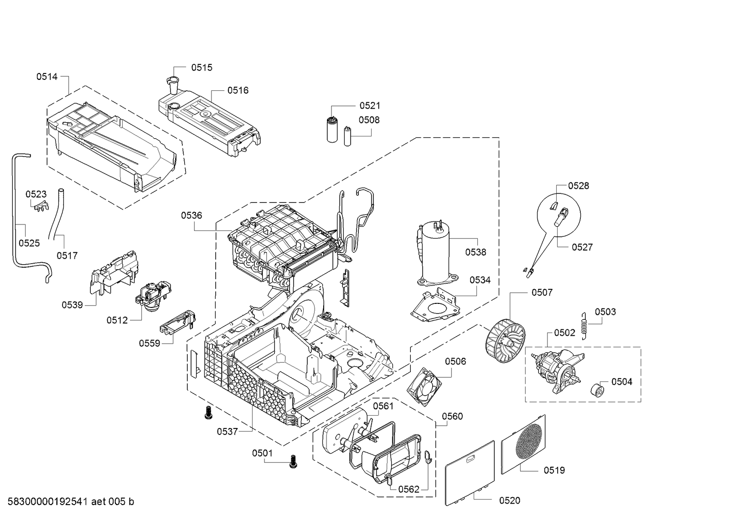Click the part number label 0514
pyautogui.click(x=47, y=77)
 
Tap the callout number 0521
pyautogui.click(x=370, y=105)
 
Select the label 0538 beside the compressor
pyautogui.click(x=476, y=252)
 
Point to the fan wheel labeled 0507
pyautogui.click(x=505, y=341)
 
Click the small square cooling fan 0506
pyautogui.click(x=424, y=387)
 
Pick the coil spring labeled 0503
pyautogui.click(x=584, y=326)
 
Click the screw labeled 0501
pyautogui.click(x=293, y=461)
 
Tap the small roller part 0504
pyautogui.click(x=596, y=390)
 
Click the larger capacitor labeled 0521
pyautogui.click(x=332, y=130)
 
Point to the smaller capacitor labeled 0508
pyautogui.click(x=347, y=136)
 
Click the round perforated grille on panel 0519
pyautogui.click(x=529, y=442)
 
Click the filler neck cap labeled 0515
pyautogui.click(x=172, y=85)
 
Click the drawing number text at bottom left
pyautogui.click(x=71, y=501)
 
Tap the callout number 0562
pyautogui.click(x=409, y=489)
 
